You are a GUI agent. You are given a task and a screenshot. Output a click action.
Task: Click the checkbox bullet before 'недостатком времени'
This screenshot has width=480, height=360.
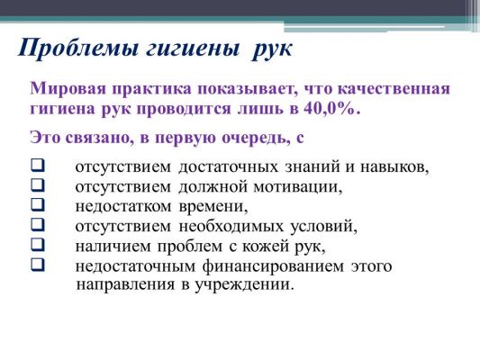coord(37,204)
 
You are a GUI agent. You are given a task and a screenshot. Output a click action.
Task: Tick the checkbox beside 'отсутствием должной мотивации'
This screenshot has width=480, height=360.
coord(37,185)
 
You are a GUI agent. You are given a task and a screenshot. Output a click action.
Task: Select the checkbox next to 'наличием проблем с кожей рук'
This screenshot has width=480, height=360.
coord(37,245)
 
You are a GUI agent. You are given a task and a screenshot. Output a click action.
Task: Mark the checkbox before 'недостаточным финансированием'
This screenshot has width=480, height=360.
coord(37,265)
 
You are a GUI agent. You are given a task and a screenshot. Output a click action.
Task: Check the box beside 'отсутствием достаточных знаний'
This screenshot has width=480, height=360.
coord(37,166)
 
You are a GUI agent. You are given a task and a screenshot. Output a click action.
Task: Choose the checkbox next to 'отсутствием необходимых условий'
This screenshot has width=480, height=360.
coord(37,224)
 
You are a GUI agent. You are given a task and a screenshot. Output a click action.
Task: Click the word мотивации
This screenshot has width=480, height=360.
coord(298,187)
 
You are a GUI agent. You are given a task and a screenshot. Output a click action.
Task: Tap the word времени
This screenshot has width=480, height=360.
coord(213,207)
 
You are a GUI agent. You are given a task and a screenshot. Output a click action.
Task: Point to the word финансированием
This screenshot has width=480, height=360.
coord(273,266)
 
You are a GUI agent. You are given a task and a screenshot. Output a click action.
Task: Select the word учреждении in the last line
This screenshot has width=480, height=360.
coord(244,285)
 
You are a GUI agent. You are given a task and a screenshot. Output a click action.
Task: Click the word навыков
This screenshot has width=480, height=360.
coord(394,167)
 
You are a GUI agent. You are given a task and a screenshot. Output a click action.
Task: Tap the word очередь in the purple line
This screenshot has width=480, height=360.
coord(257,138)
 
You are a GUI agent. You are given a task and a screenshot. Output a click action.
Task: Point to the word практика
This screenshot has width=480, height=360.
coord(152,89)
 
